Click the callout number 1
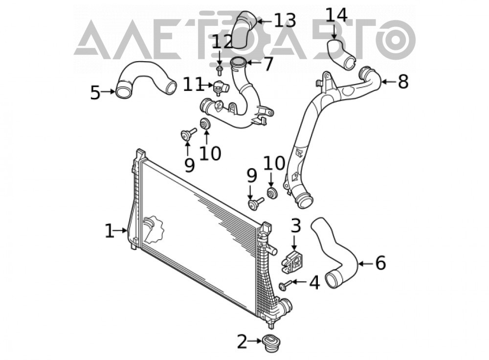110,231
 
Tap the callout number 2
243,341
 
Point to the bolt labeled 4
285,285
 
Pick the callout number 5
95,92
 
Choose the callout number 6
380,263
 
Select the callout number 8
403,81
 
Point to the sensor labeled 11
221,88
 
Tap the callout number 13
285,20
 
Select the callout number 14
336,15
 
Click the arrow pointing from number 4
298,282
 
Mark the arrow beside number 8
389,82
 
